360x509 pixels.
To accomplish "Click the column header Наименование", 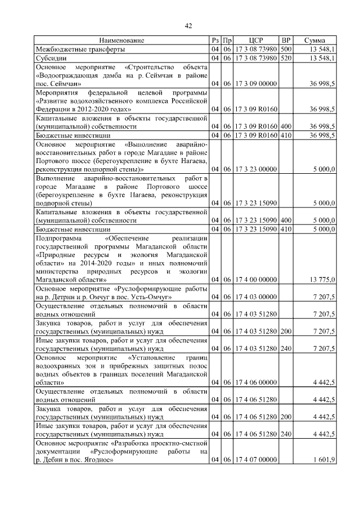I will [x=121, y=40].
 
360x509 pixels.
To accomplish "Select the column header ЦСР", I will [x=256, y=40].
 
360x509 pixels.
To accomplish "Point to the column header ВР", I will [x=286, y=40].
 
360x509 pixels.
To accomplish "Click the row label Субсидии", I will [x=51, y=58].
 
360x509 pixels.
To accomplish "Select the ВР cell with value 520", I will [x=286, y=58].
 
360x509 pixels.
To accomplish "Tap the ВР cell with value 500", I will [x=286, y=49].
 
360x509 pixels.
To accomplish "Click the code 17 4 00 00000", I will [x=256, y=280].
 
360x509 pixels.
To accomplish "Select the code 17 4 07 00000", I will [x=256, y=460].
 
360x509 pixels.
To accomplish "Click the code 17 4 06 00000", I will [x=256, y=382].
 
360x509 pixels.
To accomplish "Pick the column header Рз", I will [x=215, y=40].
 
